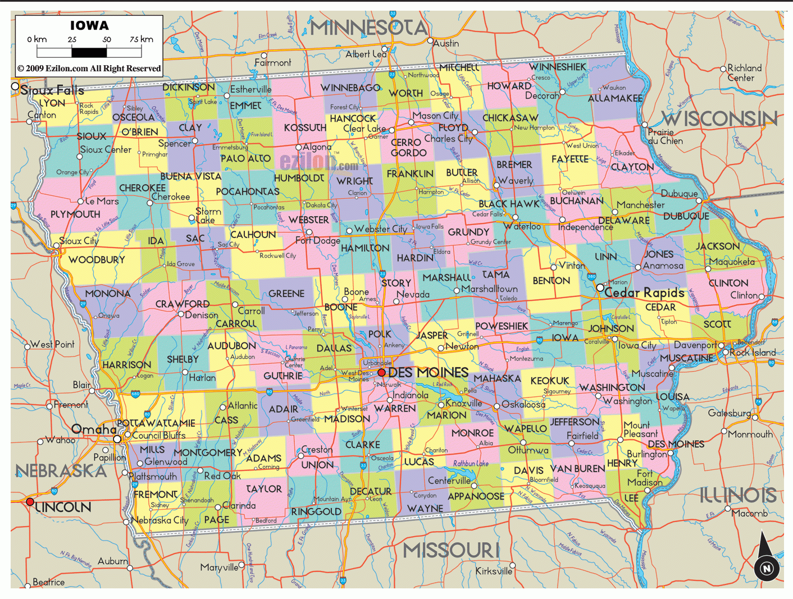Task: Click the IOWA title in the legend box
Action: [89, 25]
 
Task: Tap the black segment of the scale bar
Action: [89, 53]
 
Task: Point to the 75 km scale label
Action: [141, 39]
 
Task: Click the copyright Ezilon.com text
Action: [89, 68]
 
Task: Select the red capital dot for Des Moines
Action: [381, 372]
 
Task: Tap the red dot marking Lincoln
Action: [30, 501]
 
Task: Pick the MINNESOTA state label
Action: [369, 27]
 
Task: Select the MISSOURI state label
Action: [451, 550]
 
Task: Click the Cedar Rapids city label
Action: [644, 292]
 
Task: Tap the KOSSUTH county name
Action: [305, 128]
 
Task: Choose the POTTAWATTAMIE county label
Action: [156, 423]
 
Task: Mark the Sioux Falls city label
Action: [52, 90]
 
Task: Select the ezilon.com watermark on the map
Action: [318, 162]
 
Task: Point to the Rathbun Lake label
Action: [471, 463]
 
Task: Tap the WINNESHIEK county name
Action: [557, 67]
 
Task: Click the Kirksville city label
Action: [494, 571]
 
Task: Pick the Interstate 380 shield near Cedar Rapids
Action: [591, 276]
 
